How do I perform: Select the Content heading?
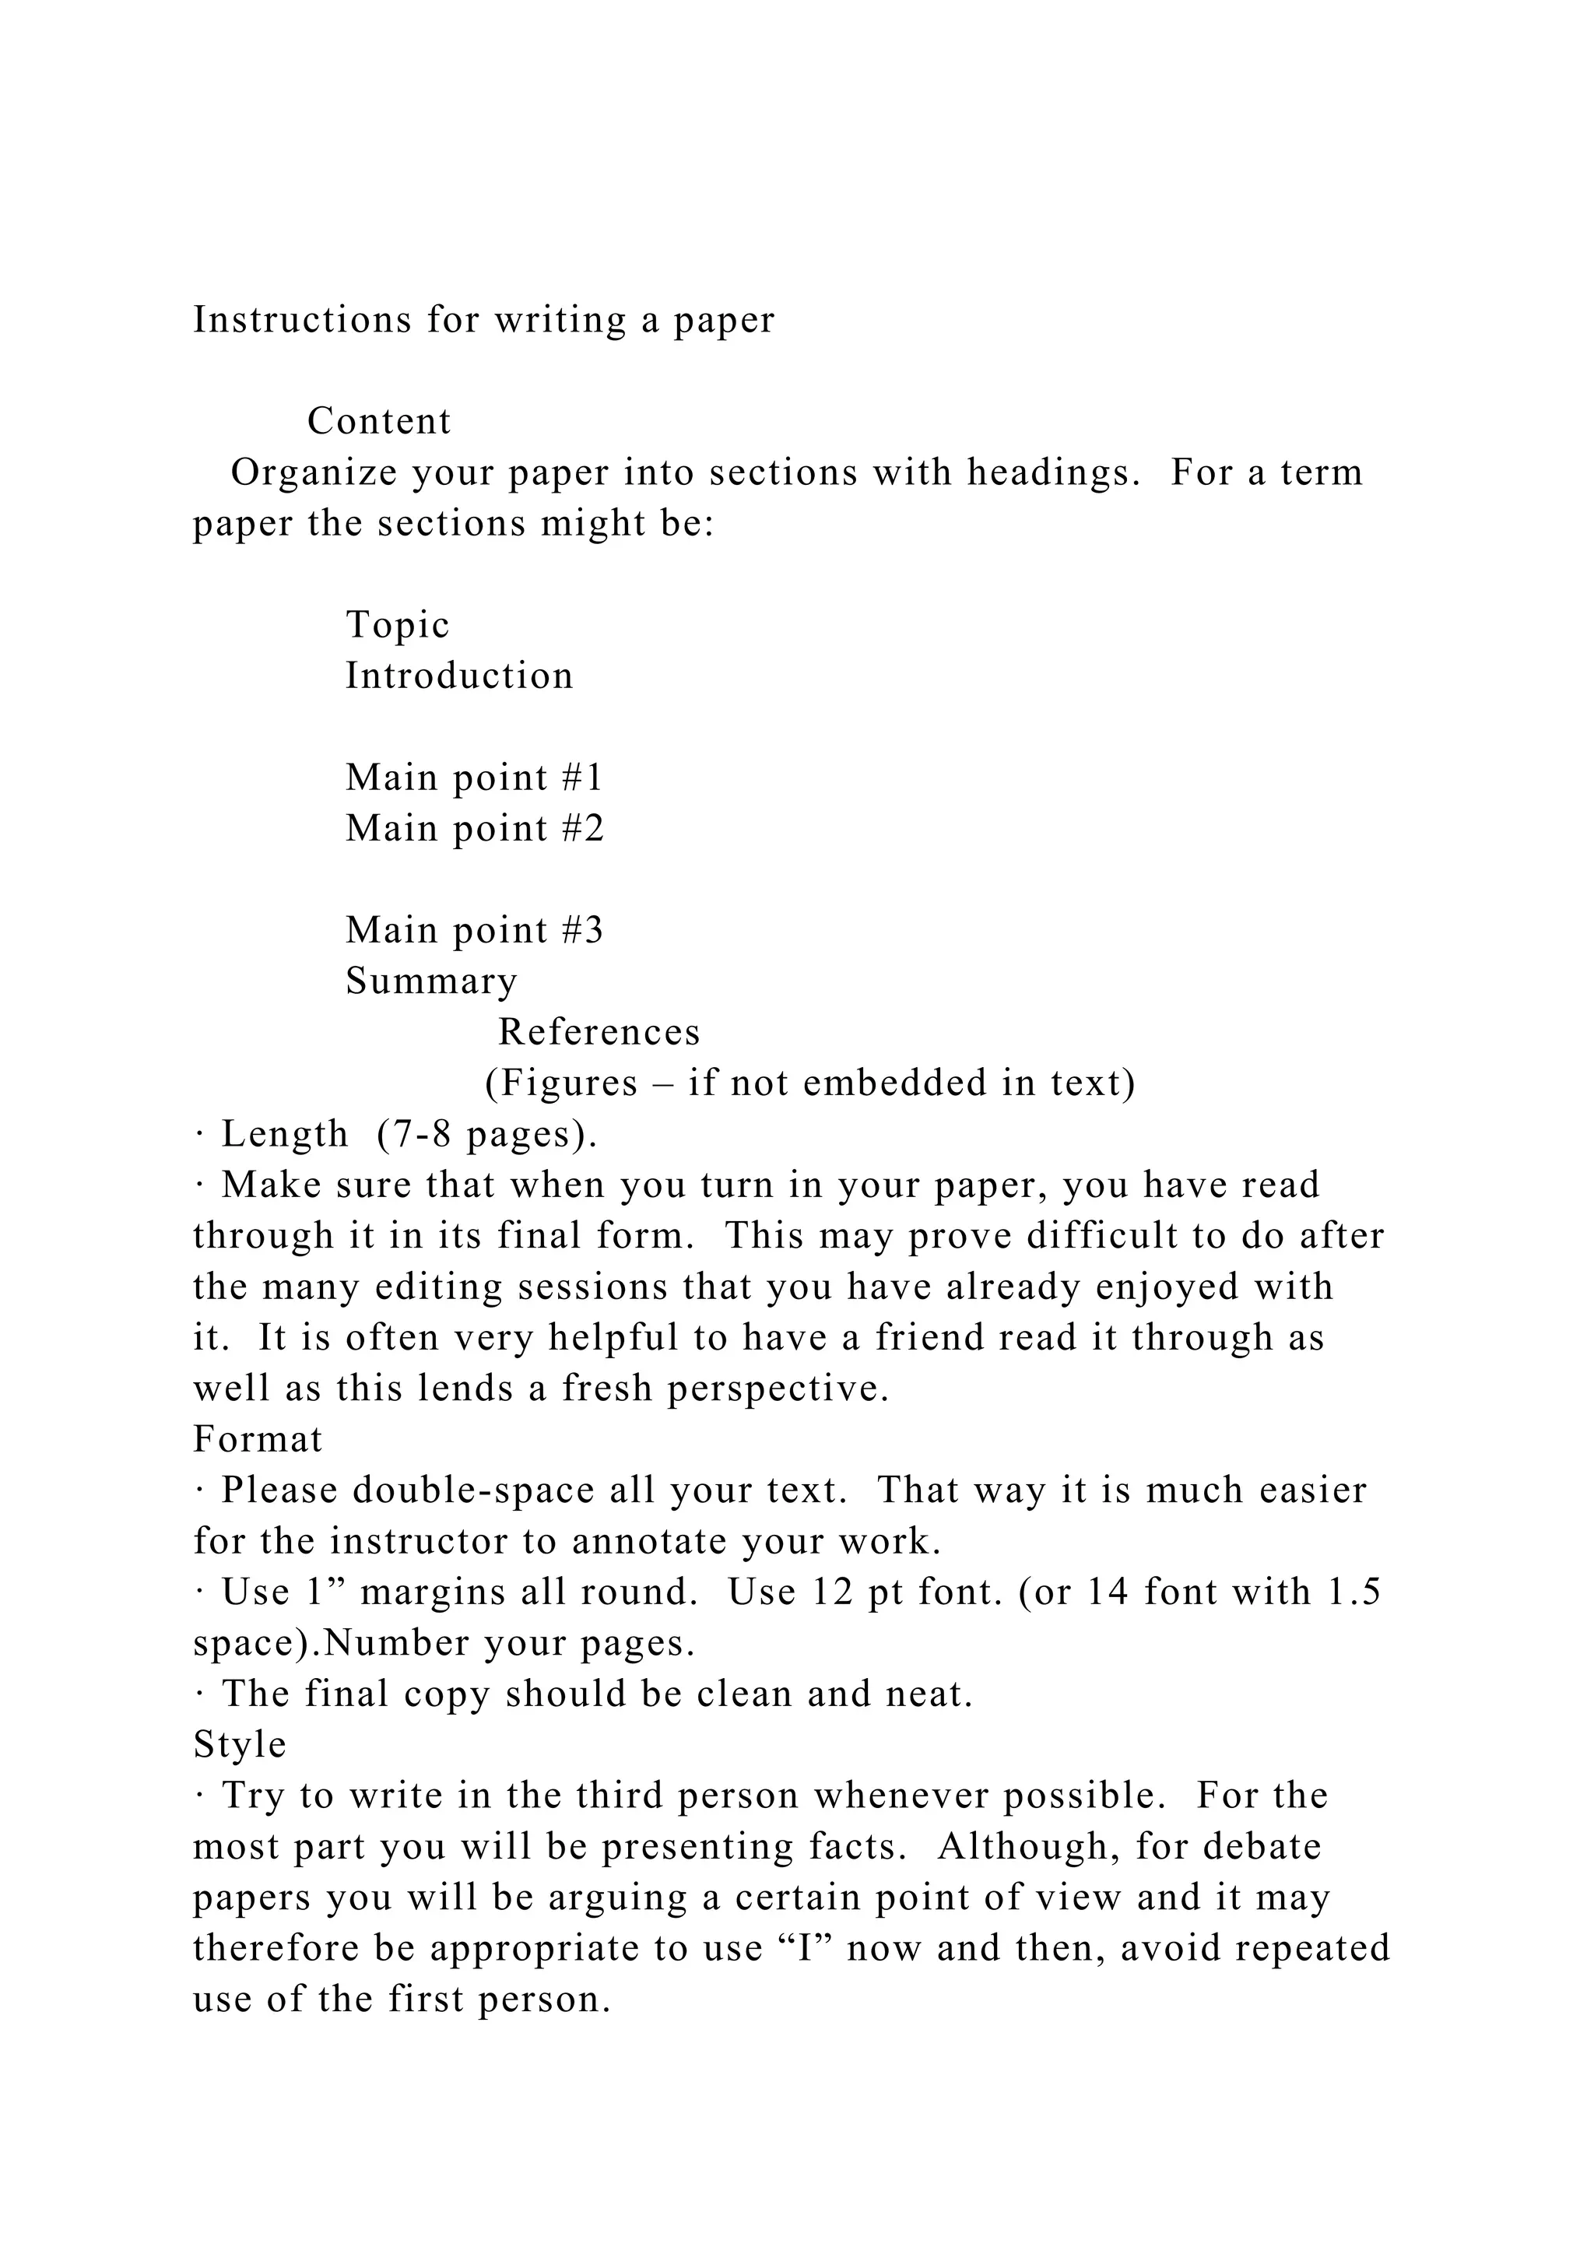tap(379, 421)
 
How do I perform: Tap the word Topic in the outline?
tap(398, 625)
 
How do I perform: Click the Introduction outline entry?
tap(459, 676)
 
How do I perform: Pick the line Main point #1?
tap(474, 778)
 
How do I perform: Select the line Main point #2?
tap(475, 829)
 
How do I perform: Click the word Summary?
tap(432, 981)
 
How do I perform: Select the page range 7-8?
tap(415, 1134)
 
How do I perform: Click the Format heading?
tap(257, 1439)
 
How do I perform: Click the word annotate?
tap(650, 1541)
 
